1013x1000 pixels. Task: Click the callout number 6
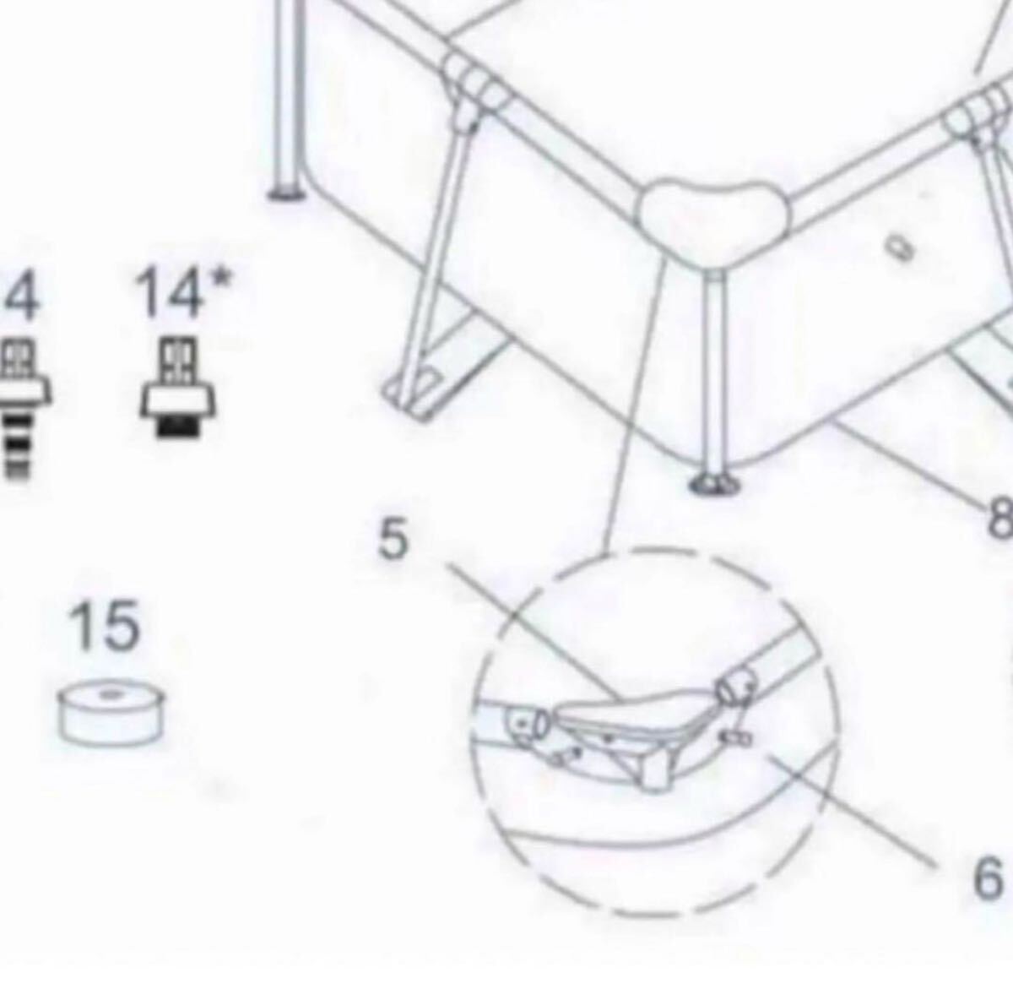click(985, 878)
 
